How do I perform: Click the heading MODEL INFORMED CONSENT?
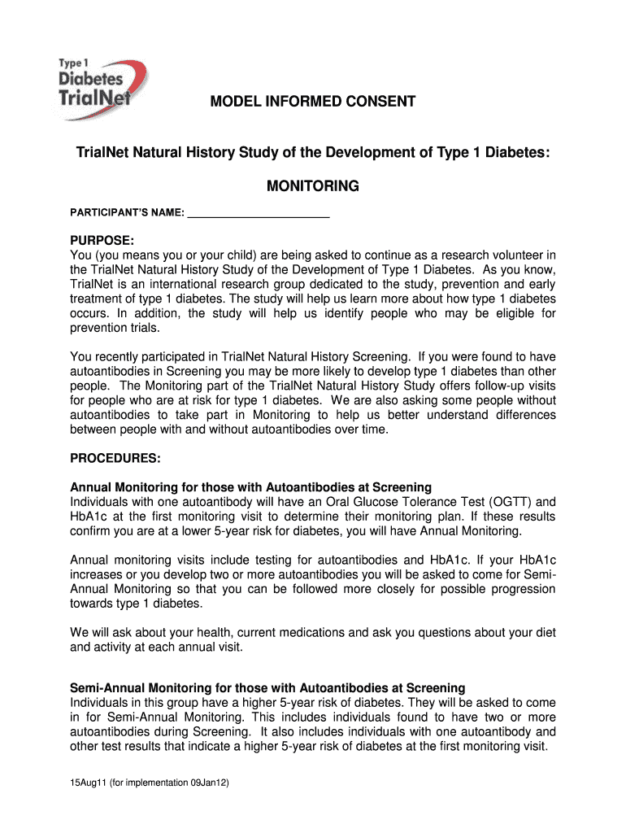313,102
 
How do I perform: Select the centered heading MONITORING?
313,186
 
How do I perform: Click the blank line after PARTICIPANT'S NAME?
259,214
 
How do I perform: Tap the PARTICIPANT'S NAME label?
127,214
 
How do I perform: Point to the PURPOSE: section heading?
102,242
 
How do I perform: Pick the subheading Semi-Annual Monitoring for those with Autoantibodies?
267,687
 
